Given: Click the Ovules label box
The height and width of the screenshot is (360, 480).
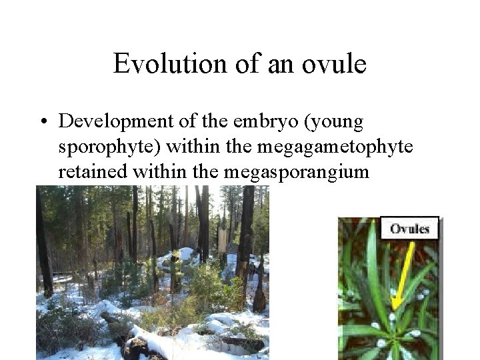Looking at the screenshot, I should (x=409, y=229).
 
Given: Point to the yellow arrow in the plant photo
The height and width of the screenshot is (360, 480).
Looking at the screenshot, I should (x=403, y=273).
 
